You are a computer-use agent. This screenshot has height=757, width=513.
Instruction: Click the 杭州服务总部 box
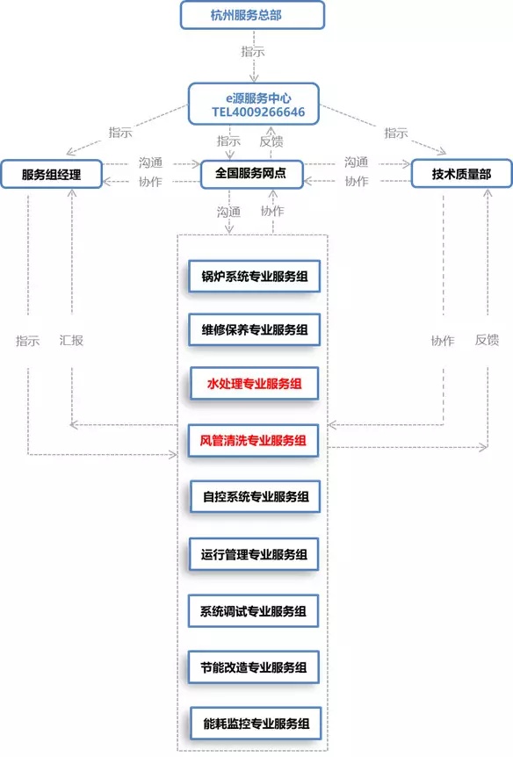point(252,15)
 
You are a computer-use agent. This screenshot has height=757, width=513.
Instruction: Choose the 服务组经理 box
point(51,174)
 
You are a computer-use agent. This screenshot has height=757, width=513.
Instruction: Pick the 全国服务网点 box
point(251,173)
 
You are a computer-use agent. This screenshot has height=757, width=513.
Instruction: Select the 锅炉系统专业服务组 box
point(253,277)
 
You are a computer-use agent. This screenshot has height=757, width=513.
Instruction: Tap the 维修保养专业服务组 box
point(253,330)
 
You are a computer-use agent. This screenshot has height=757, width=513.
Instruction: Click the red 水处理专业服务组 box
point(253,384)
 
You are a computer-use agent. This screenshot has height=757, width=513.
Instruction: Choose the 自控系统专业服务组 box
point(253,496)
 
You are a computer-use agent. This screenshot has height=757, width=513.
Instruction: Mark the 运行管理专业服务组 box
point(253,554)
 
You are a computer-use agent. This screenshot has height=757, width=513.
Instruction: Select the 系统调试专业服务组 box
point(253,610)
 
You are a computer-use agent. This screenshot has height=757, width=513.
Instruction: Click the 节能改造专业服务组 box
point(253,667)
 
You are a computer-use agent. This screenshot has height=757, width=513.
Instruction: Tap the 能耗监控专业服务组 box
point(253,725)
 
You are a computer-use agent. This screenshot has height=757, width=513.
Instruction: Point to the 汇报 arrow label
point(71,340)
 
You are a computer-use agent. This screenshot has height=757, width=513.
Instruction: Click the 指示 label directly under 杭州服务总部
point(253,52)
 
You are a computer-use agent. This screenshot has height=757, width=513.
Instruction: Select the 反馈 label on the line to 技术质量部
point(488,340)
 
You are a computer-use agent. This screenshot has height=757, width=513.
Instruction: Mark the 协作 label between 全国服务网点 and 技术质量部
point(356,181)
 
